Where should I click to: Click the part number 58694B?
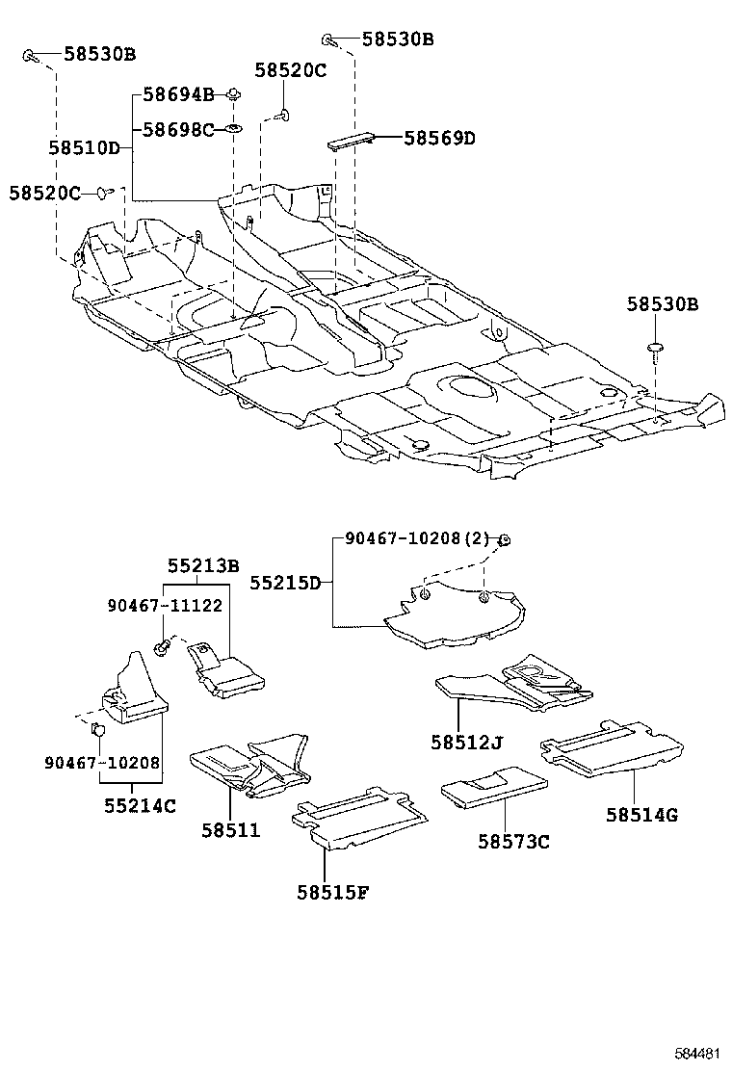[x=178, y=94]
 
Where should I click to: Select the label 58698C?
[x=178, y=129]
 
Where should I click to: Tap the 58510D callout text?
[x=84, y=147]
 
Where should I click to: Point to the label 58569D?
[x=439, y=139]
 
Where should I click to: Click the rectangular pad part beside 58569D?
[x=353, y=141]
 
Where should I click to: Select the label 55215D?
[x=286, y=583]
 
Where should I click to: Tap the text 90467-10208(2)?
[x=418, y=541]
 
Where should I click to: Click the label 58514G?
[x=641, y=815]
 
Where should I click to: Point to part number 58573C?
[x=513, y=842]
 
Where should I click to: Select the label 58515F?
[x=332, y=892]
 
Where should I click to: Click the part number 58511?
[x=231, y=830]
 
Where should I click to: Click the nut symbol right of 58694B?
[x=233, y=94]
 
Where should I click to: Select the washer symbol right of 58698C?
[x=234, y=129]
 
